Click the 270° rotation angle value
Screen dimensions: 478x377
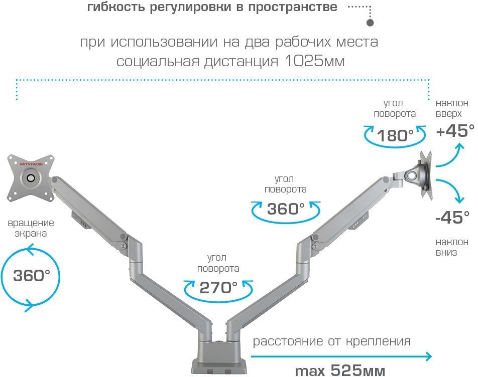click(x=218, y=288)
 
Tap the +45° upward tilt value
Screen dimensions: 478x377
click(x=455, y=131)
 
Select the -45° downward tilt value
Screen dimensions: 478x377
click(x=452, y=217)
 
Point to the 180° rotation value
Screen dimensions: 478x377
click(x=395, y=135)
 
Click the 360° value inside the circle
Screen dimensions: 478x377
click(x=32, y=275)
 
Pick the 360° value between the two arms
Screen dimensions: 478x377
click(x=286, y=209)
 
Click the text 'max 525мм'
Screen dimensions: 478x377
click(x=340, y=370)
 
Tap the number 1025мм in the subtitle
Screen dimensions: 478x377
click(x=315, y=61)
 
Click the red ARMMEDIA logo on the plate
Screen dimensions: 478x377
click(x=32, y=164)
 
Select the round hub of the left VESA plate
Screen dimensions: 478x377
click(x=31, y=177)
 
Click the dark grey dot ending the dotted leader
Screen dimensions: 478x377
click(x=370, y=22)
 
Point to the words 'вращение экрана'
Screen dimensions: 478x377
click(x=31, y=228)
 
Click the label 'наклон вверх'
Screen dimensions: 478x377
click(x=452, y=108)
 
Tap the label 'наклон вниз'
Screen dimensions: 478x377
click(x=452, y=247)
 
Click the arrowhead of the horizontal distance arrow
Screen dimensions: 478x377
click(x=429, y=356)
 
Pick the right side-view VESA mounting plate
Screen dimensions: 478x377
click(x=426, y=175)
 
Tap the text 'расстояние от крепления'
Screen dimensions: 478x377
click(x=332, y=341)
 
